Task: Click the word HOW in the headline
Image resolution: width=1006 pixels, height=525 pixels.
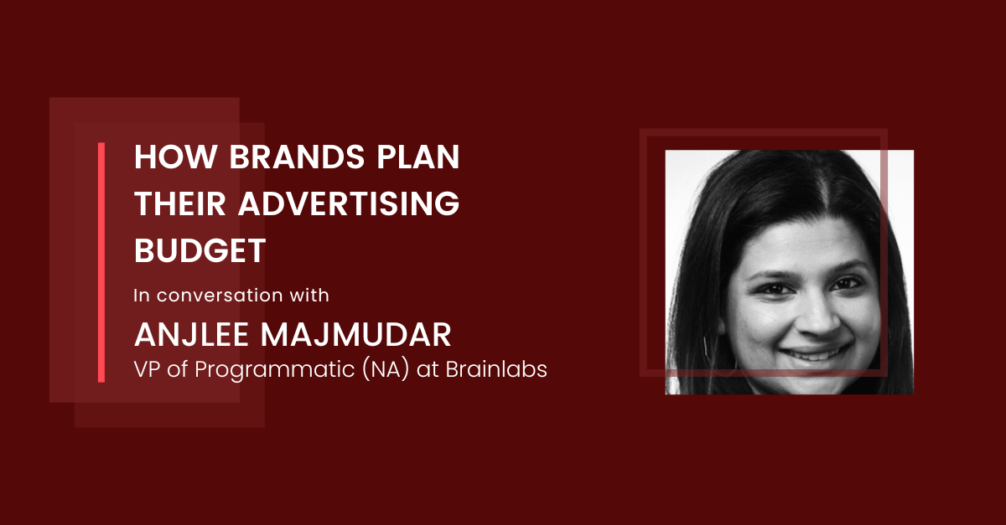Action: click(175, 157)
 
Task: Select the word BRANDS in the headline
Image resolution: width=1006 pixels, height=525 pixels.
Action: click(297, 157)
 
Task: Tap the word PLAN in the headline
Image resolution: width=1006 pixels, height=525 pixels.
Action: click(418, 157)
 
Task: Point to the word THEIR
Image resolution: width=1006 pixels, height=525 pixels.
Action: click(179, 203)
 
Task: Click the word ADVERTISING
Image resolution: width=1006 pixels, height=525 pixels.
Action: click(349, 203)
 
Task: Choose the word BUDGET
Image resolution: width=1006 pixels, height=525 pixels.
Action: click(200, 250)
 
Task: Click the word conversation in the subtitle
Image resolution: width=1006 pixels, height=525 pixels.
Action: click(220, 296)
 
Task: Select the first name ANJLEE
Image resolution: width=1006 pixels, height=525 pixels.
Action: click(191, 335)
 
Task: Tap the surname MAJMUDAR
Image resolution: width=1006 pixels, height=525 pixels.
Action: click(355, 335)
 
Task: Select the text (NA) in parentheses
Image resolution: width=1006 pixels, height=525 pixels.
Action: click(386, 370)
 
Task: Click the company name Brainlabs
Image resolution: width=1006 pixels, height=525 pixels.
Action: click(496, 369)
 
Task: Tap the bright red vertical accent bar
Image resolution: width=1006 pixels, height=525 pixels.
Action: click(101, 263)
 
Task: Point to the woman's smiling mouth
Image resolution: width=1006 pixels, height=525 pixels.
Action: click(814, 354)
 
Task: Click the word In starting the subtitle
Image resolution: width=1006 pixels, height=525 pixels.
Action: click(141, 296)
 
